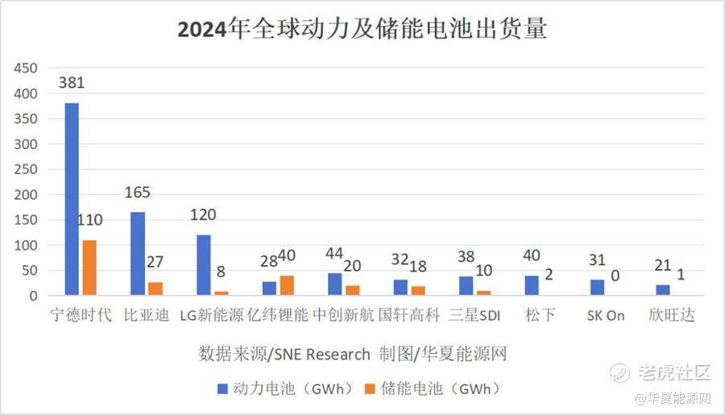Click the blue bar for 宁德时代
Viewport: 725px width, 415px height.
pyautogui.click(x=72, y=199)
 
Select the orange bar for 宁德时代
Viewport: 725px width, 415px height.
pyautogui.click(x=89, y=268)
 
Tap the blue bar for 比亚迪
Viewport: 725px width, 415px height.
pyautogui.click(x=138, y=254)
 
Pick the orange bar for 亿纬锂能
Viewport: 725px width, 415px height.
pyautogui.click(x=287, y=285)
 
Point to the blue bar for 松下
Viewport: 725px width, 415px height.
pyautogui.click(x=532, y=285)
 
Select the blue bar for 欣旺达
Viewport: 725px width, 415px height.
pyautogui.click(x=663, y=290)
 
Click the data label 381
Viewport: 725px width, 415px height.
pyautogui.click(x=71, y=82)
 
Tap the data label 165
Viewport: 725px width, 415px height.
pyautogui.click(x=138, y=193)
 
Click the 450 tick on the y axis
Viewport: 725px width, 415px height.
pyautogui.click(x=27, y=69)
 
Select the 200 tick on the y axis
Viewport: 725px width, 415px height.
pyautogui.click(x=27, y=195)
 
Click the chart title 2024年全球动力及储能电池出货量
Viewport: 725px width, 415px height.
pyautogui.click(x=362, y=30)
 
